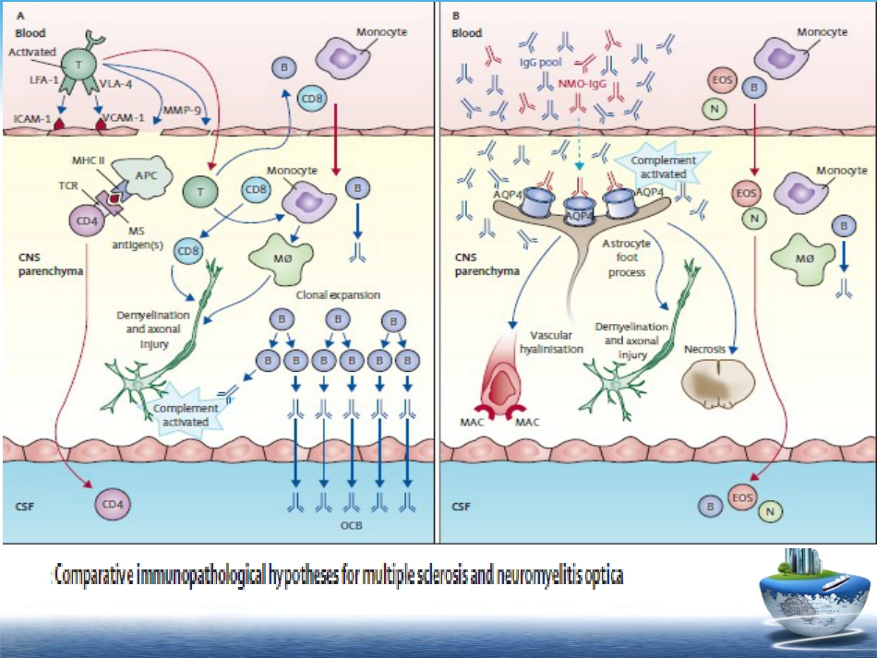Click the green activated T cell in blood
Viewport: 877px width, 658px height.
click(x=78, y=66)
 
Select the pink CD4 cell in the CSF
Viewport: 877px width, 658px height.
click(x=113, y=504)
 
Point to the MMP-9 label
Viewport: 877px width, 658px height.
click(x=182, y=110)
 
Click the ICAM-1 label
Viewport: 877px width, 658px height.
click(x=32, y=119)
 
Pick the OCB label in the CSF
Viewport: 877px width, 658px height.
click(x=351, y=525)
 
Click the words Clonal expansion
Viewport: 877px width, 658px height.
click(x=338, y=295)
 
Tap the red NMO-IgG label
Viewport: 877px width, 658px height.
click(x=583, y=84)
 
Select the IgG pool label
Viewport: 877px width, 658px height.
click(x=540, y=62)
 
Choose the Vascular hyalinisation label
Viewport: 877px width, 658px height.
click(x=551, y=342)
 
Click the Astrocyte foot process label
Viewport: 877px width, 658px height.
click(x=627, y=257)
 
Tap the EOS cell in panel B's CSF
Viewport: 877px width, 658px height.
click(x=743, y=497)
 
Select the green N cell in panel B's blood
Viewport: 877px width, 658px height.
click(x=715, y=109)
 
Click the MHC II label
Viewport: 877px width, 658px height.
click(x=88, y=161)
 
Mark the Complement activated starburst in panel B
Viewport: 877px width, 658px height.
click(x=663, y=167)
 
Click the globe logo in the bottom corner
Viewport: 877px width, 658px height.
click(x=814, y=597)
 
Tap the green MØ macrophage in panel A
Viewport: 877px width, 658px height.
click(x=281, y=258)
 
